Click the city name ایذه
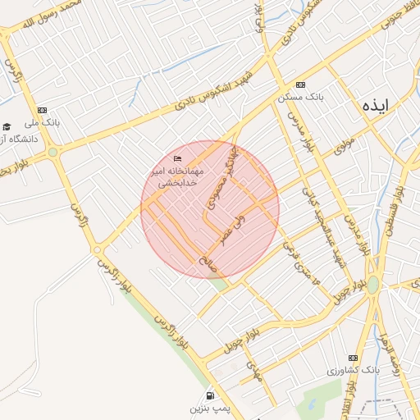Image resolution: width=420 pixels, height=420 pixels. tap(385, 105)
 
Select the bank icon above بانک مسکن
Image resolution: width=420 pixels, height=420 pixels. tap(301, 84)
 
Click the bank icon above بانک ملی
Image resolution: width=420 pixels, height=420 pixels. tap(42, 110)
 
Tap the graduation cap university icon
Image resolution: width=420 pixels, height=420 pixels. tap(7, 126)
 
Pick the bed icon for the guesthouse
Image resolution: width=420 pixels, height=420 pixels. tap(179, 158)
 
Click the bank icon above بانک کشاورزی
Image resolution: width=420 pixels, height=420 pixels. tap(354, 358)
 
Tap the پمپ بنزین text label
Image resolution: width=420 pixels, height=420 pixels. tap(208, 407)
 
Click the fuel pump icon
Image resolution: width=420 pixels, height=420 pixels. tap(211, 394)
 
